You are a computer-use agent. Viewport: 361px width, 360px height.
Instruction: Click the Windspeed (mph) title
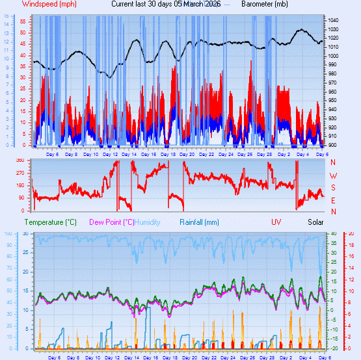coord(49,4)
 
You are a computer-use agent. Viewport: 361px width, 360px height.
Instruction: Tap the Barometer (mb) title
coord(265,4)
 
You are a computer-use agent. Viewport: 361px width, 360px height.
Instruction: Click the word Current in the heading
coord(125,4)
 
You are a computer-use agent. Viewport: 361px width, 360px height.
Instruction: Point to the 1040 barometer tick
coord(333,20)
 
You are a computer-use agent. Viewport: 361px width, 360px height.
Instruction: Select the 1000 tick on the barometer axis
coord(333,56)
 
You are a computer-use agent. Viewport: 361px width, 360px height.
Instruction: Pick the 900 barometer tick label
coord(333,144)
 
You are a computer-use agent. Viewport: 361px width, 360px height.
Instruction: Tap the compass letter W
coord(334,175)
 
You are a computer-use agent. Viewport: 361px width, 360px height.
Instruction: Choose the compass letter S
coord(334,188)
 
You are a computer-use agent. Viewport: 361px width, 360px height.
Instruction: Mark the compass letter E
coord(334,199)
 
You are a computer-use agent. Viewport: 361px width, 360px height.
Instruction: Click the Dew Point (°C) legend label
coord(112,222)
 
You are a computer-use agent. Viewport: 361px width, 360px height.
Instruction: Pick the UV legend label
coord(276,222)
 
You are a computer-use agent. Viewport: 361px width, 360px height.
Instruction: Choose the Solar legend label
coord(315,222)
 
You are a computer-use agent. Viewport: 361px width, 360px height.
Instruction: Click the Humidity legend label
coord(148,222)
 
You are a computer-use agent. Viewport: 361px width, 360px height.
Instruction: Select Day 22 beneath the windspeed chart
coord(207,154)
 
